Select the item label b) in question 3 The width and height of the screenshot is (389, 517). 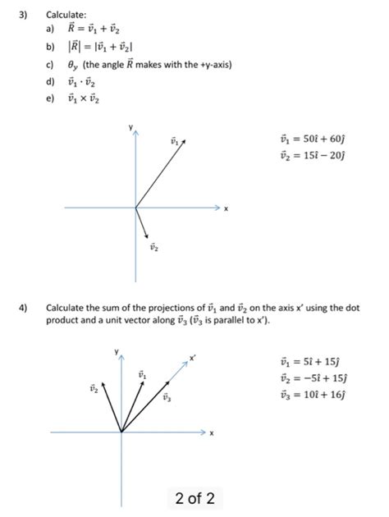52,47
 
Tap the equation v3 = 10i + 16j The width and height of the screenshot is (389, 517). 313,393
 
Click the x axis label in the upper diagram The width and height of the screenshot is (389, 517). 226,208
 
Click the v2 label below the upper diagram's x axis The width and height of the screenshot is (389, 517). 153,245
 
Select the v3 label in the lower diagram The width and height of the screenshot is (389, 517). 167,397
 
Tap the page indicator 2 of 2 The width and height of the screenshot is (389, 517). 194,497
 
